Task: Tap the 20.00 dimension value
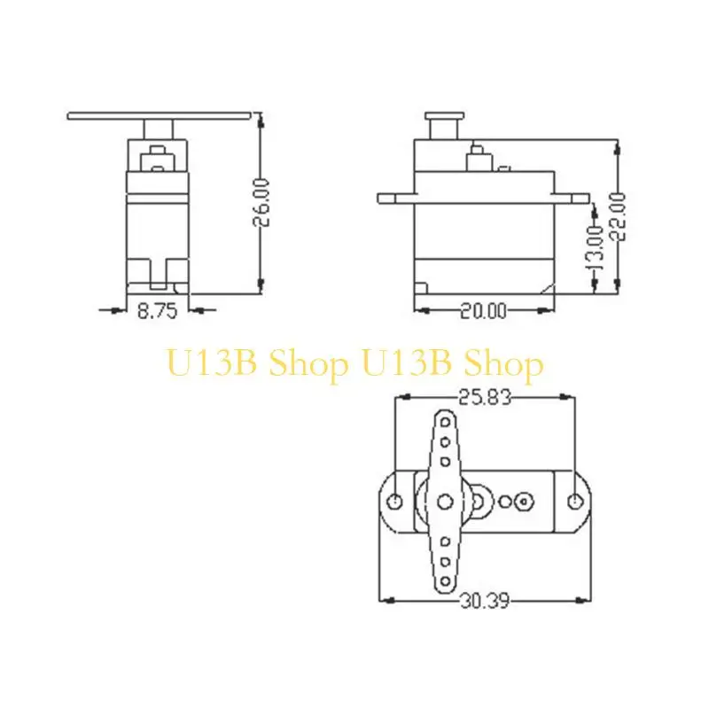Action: (x=483, y=310)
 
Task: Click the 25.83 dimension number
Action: (x=485, y=400)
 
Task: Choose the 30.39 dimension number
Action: (x=484, y=601)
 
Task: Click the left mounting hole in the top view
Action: (x=396, y=502)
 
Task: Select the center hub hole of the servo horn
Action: (x=442, y=502)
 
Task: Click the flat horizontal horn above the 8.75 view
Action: (x=160, y=115)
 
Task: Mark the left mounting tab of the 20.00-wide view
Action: (x=393, y=197)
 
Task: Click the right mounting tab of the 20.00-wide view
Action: (x=573, y=197)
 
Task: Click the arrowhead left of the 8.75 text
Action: (x=118, y=309)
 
